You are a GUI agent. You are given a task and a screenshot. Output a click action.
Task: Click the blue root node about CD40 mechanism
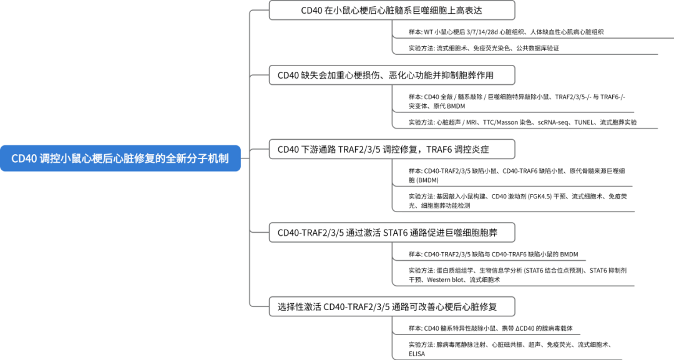120,158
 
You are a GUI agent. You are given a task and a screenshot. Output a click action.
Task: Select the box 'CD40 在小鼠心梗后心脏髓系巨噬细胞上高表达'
392,11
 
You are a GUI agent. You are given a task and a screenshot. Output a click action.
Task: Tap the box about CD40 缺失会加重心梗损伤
392,75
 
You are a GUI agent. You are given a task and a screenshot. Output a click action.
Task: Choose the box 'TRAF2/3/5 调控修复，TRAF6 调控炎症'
392,150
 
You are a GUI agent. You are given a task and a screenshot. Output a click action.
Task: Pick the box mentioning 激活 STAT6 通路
392,233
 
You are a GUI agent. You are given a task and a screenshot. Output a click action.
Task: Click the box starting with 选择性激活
392,307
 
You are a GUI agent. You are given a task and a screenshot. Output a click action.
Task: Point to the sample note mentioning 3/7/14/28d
506,32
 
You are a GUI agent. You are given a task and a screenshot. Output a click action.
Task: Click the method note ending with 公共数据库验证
484,48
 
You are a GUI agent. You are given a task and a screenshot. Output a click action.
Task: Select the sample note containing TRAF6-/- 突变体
517,101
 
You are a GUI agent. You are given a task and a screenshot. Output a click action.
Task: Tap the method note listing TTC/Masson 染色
522,122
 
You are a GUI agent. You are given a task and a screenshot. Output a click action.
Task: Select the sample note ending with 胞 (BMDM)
517,175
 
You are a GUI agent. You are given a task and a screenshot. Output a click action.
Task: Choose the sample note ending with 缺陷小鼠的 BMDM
493,255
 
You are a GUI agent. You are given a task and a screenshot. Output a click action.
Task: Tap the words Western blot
445,280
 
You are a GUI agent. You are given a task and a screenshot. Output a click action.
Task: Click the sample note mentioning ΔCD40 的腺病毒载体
491,328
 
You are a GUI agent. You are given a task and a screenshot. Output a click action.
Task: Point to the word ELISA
416,354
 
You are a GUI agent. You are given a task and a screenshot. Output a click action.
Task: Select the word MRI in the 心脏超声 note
471,122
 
